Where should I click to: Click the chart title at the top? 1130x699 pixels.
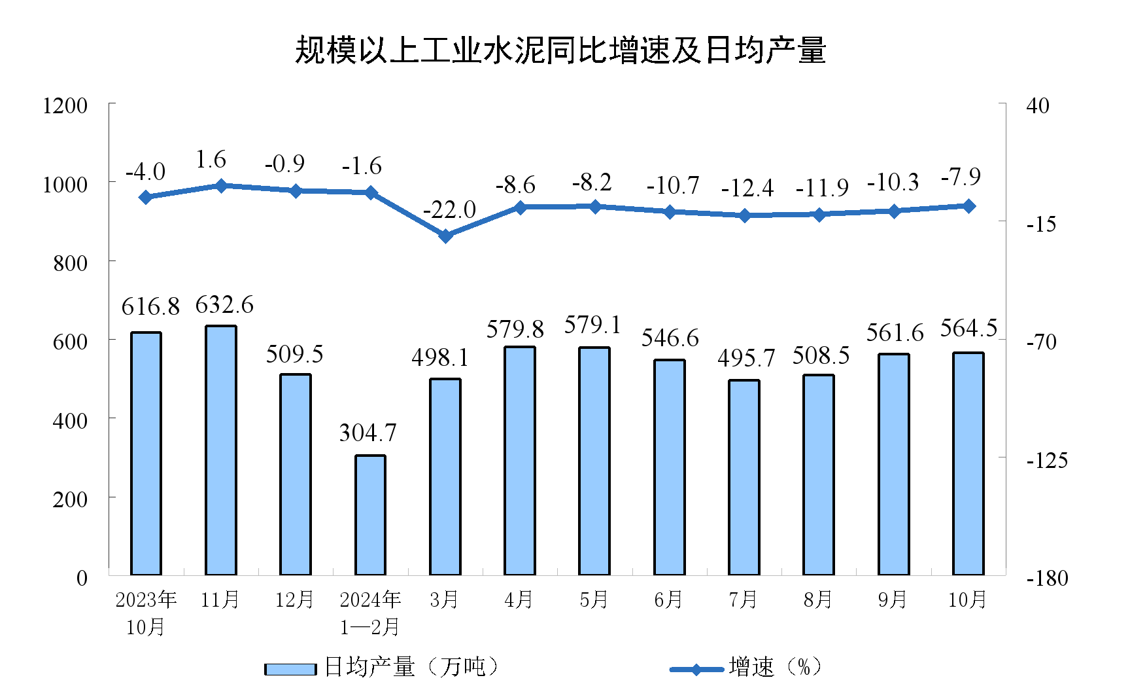560,50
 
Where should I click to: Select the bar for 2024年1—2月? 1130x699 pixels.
370,515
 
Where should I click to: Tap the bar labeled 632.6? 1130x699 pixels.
220,450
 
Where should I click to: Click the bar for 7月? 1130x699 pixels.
744,477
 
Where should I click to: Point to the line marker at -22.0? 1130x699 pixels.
445,236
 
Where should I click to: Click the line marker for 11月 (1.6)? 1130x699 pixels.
220,186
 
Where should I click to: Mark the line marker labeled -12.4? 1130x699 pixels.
744,215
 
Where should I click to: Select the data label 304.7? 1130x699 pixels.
368,433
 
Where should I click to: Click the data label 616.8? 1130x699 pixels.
150,306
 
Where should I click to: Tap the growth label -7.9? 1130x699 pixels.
961,177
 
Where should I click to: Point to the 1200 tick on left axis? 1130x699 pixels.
65,105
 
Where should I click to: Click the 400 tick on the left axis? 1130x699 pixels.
70,420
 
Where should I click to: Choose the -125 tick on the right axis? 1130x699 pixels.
1046,460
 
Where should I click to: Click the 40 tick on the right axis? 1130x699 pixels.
1038,105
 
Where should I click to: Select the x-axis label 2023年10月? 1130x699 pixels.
146,613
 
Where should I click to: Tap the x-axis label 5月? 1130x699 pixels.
594,600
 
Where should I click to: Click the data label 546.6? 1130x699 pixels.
670,338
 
